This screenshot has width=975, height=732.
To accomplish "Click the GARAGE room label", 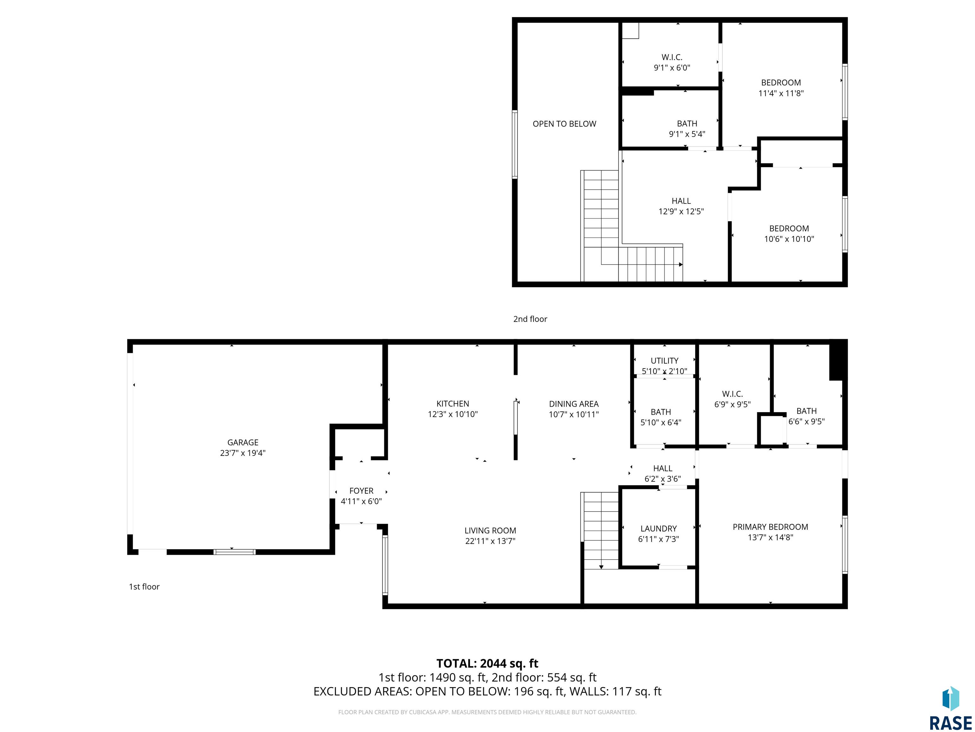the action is [243, 443].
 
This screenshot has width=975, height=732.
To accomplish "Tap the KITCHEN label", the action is [453, 404].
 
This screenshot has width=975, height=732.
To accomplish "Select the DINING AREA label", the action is [574, 404].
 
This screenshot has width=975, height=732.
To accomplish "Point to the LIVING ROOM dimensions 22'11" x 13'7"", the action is [490, 541].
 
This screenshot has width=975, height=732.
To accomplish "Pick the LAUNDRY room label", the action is [659, 529].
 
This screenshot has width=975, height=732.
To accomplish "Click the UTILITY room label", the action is [664, 361].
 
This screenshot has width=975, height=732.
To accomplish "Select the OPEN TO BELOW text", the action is [564, 124].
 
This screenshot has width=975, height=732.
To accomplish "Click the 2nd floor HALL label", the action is [681, 201].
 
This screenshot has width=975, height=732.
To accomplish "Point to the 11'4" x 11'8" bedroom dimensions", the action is [781, 93].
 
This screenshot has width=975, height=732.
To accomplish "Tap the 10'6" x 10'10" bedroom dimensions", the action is [789, 239].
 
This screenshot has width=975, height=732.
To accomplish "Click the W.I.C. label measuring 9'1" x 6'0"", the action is [672, 58].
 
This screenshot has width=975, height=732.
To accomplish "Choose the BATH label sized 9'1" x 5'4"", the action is [687, 124].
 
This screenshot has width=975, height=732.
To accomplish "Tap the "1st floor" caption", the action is [144, 587].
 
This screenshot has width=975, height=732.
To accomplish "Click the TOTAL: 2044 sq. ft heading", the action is [487, 664].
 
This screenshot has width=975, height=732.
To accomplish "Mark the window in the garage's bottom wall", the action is [235, 552].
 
